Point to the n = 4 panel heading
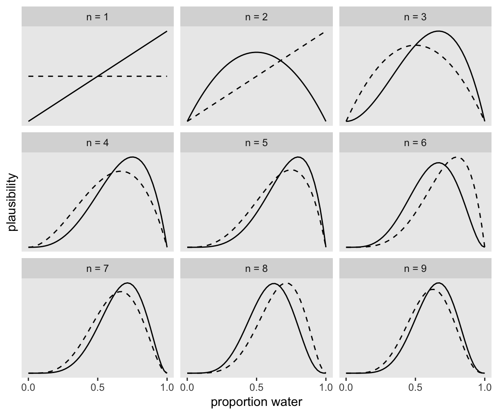(x=98, y=143)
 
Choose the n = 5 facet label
(x=256, y=143)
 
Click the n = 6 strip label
(x=415, y=143)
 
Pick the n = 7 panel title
(x=98, y=268)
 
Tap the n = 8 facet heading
(x=256, y=268)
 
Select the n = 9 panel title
(x=415, y=268)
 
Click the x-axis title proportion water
(x=256, y=402)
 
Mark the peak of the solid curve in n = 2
(x=256, y=52)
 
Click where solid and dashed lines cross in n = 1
(x=98, y=76)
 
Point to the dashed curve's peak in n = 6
(x=457, y=157)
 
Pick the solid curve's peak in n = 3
(x=438, y=31)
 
